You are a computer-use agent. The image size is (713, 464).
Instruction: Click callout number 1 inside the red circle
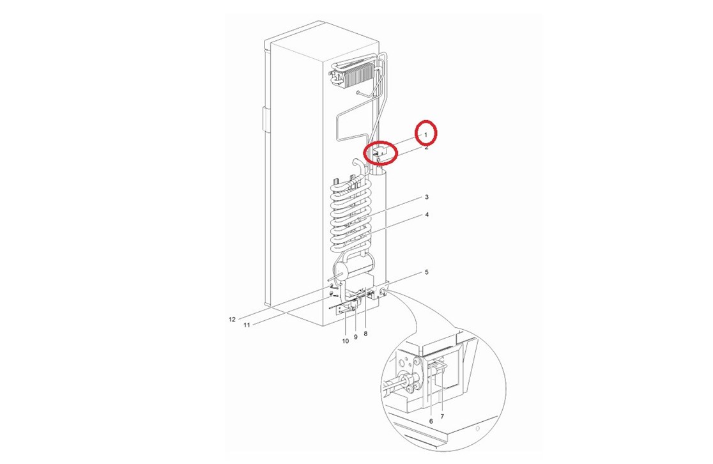tap(425, 135)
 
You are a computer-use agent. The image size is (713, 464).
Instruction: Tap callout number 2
tap(427, 148)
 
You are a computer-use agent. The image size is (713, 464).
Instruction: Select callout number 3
tap(427, 197)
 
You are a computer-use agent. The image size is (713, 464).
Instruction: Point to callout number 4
tap(427, 214)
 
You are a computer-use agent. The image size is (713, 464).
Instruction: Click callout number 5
tap(427, 272)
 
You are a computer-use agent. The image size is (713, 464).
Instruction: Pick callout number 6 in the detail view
tap(431, 421)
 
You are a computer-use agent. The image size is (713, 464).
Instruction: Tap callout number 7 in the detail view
tap(442, 416)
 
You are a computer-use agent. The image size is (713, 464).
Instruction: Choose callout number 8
tap(365, 334)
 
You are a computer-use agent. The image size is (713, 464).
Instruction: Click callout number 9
tap(356, 337)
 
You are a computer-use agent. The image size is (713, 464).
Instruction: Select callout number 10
tap(345, 341)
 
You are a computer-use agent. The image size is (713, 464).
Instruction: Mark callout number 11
tap(247, 324)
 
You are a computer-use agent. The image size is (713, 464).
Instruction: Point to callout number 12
tap(232, 320)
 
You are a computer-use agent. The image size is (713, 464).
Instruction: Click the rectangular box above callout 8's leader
tap(359, 282)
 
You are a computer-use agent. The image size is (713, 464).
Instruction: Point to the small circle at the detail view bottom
tap(477, 429)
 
